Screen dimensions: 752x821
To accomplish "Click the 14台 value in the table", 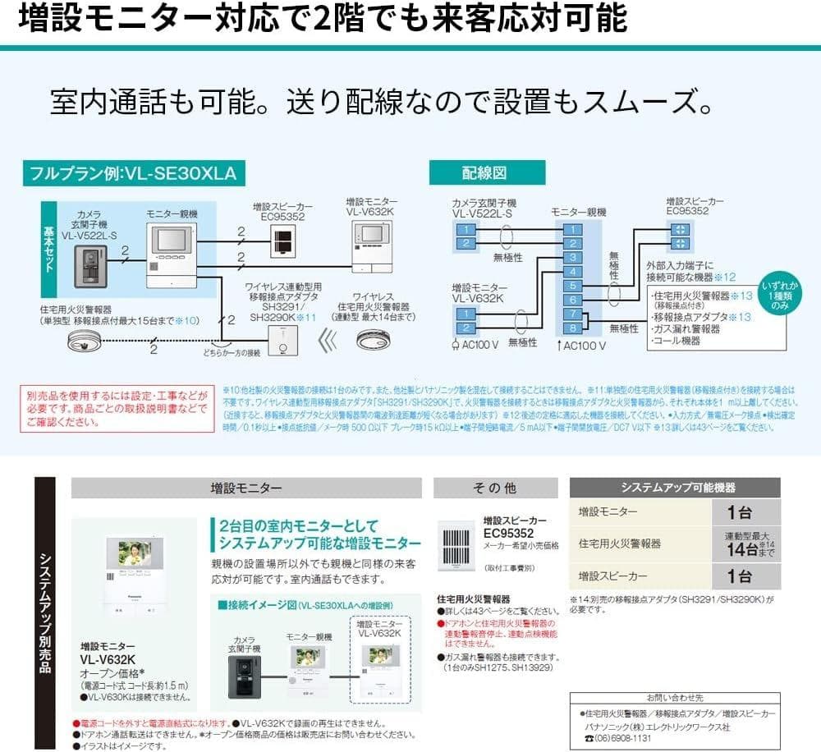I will coord(739,545).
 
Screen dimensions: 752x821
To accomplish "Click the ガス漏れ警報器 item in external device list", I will coord(685,328).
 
